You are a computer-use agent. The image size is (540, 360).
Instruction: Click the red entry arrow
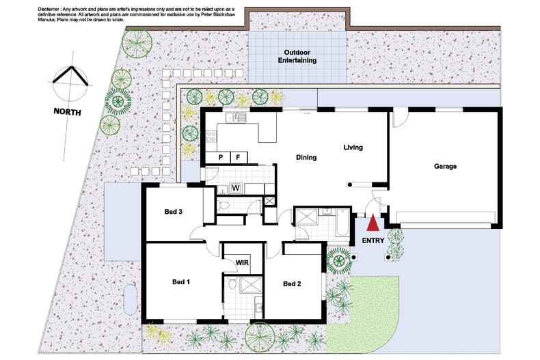click(x=373, y=223)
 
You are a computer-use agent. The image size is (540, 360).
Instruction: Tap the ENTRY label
click(x=373, y=240)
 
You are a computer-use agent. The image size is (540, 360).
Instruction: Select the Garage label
click(x=445, y=166)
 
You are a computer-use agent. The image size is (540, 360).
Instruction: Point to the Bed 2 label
click(x=293, y=283)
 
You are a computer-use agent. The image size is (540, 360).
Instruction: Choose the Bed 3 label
click(x=174, y=212)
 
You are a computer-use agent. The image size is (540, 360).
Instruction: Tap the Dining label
click(x=306, y=158)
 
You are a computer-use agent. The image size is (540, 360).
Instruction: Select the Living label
click(x=353, y=148)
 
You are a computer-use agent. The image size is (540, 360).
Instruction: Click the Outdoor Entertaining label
click(x=297, y=56)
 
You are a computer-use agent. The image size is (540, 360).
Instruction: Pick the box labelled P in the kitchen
click(x=220, y=158)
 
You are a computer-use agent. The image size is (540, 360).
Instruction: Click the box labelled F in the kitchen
click(x=239, y=158)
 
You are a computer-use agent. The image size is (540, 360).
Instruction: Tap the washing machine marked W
click(x=235, y=188)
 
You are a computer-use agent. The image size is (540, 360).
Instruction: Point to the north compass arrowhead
click(x=70, y=69)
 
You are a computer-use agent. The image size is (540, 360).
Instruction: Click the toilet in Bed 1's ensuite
click(x=232, y=284)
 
